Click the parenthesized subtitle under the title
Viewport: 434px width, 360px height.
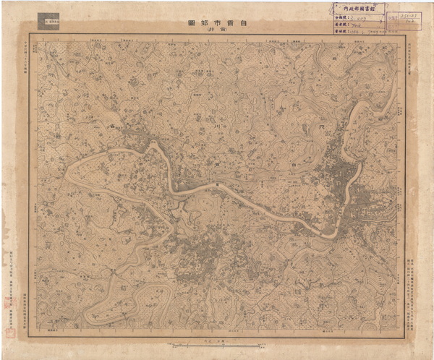point(219,30)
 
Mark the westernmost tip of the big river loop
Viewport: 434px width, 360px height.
point(67,173)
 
